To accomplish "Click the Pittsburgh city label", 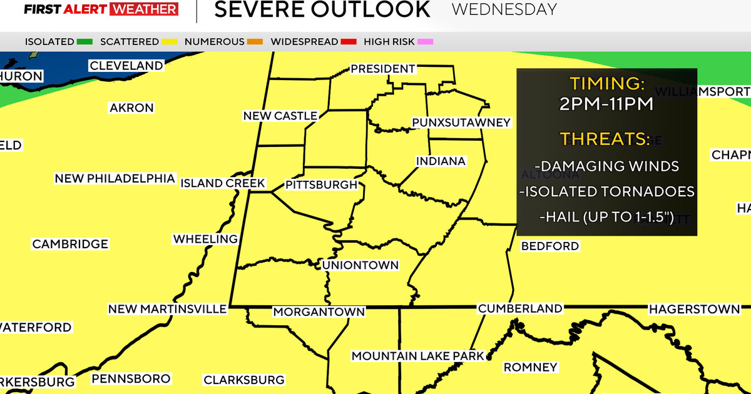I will tap(321, 185).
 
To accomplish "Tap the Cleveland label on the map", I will tap(126, 66).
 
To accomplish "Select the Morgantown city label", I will tap(319, 311).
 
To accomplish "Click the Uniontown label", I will tap(360, 265).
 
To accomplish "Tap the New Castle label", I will tap(280, 116).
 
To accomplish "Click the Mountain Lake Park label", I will tap(418, 356).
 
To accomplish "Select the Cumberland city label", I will tap(520, 308).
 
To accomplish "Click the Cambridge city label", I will tap(70, 244).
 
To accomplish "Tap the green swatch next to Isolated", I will tap(84, 42).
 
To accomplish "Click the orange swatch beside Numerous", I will tap(255, 42).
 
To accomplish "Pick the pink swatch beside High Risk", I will tap(425, 42).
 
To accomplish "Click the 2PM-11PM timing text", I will tap(606, 104).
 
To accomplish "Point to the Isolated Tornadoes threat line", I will tap(606, 192).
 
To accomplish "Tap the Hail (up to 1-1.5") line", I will tap(606, 218).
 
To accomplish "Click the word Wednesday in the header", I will tap(504, 9).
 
